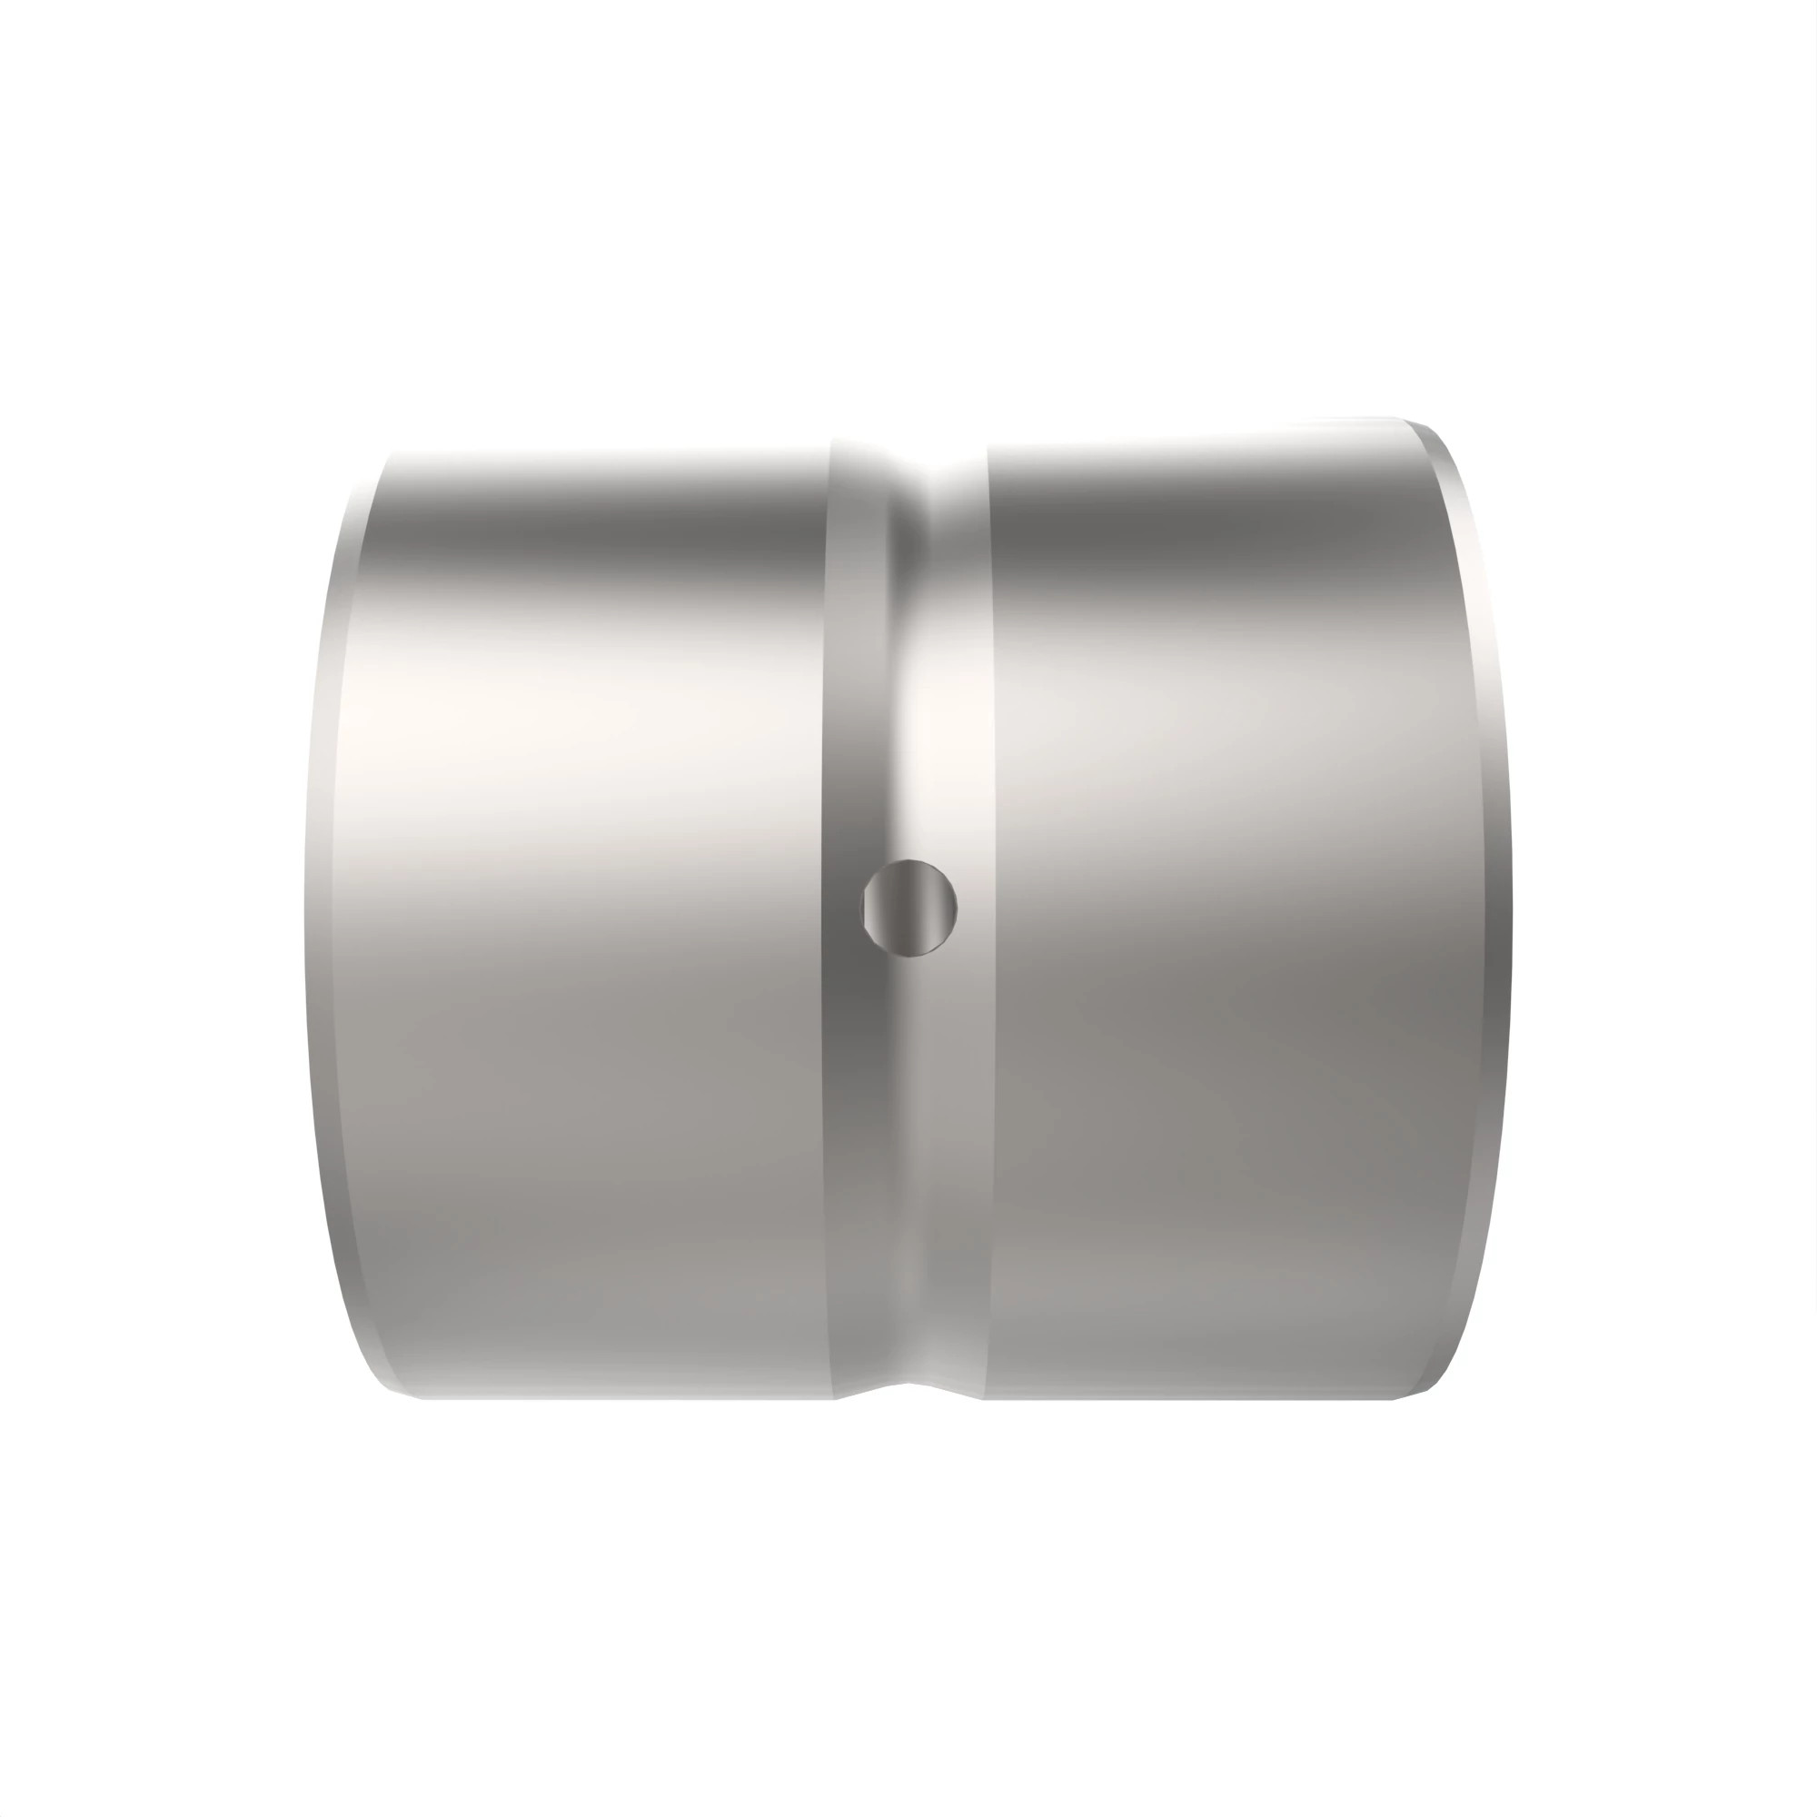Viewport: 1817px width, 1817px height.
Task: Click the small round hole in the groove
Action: (x=909, y=908)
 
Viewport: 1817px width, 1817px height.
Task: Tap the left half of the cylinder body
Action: (x=583, y=940)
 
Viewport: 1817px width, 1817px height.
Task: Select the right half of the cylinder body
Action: (x=1223, y=940)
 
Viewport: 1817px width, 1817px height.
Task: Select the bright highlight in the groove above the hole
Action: (x=931, y=733)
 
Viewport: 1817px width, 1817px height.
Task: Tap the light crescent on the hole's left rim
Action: (x=867, y=908)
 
